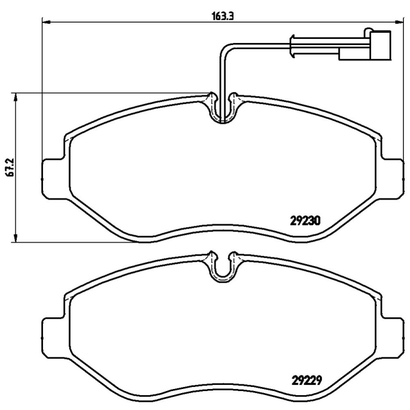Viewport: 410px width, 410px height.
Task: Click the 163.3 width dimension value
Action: [222, 16]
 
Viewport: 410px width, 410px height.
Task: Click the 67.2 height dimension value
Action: [10, 167]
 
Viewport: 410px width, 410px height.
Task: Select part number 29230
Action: [305, 221]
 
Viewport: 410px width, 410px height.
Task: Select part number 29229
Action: [306, 380]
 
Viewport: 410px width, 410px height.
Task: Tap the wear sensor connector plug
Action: [380, 45]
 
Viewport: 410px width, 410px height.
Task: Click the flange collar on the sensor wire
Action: [292, 46]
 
